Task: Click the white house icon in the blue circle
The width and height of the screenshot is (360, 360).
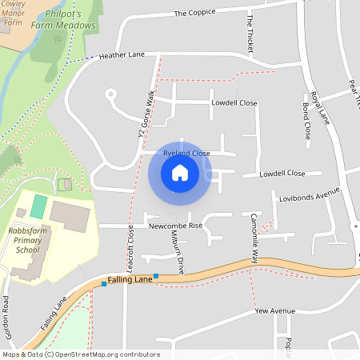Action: (x=180, y=173)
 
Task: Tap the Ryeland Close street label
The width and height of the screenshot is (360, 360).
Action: (x=186, y=153)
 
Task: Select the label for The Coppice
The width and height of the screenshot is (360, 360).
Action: (x=196, y=13)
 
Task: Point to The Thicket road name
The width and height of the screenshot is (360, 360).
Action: (x=250, y=34)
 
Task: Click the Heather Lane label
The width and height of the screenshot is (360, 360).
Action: (x=122, y=56)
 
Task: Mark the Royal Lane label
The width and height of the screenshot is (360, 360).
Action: (x=321, y=107)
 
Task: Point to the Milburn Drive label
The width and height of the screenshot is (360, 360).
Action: (x=180, y=255)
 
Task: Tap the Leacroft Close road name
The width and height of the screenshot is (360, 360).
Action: (x=130, y=247)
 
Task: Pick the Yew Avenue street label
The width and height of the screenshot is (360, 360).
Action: (x=274, y=310)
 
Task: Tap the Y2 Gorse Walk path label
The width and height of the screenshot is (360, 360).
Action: (x=146, y=112)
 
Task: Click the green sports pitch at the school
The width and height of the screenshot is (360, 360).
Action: (x=38, y=205)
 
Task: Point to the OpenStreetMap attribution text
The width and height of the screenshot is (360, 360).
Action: (x=80, y=354)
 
